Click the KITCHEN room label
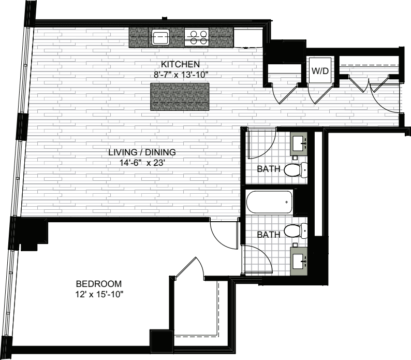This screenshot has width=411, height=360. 180,64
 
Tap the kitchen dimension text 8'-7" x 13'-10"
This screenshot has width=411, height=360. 181,75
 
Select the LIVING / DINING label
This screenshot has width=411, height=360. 142,152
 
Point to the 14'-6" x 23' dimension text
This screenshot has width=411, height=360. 142,163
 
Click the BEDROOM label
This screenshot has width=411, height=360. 99,284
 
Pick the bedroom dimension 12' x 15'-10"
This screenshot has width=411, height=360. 99,295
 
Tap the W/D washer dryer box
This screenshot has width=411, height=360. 320,70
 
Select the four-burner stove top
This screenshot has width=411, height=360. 197,37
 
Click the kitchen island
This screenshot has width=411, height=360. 180,97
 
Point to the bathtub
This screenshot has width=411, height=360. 269,202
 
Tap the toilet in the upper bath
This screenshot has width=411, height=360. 296,170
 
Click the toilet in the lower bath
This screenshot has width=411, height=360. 296,231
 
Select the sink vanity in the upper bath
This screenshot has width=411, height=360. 298,144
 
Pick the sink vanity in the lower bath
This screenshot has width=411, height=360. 298,262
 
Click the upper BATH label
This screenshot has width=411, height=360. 269,169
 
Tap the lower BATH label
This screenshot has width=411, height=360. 269,235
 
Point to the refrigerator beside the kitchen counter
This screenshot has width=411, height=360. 248,38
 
